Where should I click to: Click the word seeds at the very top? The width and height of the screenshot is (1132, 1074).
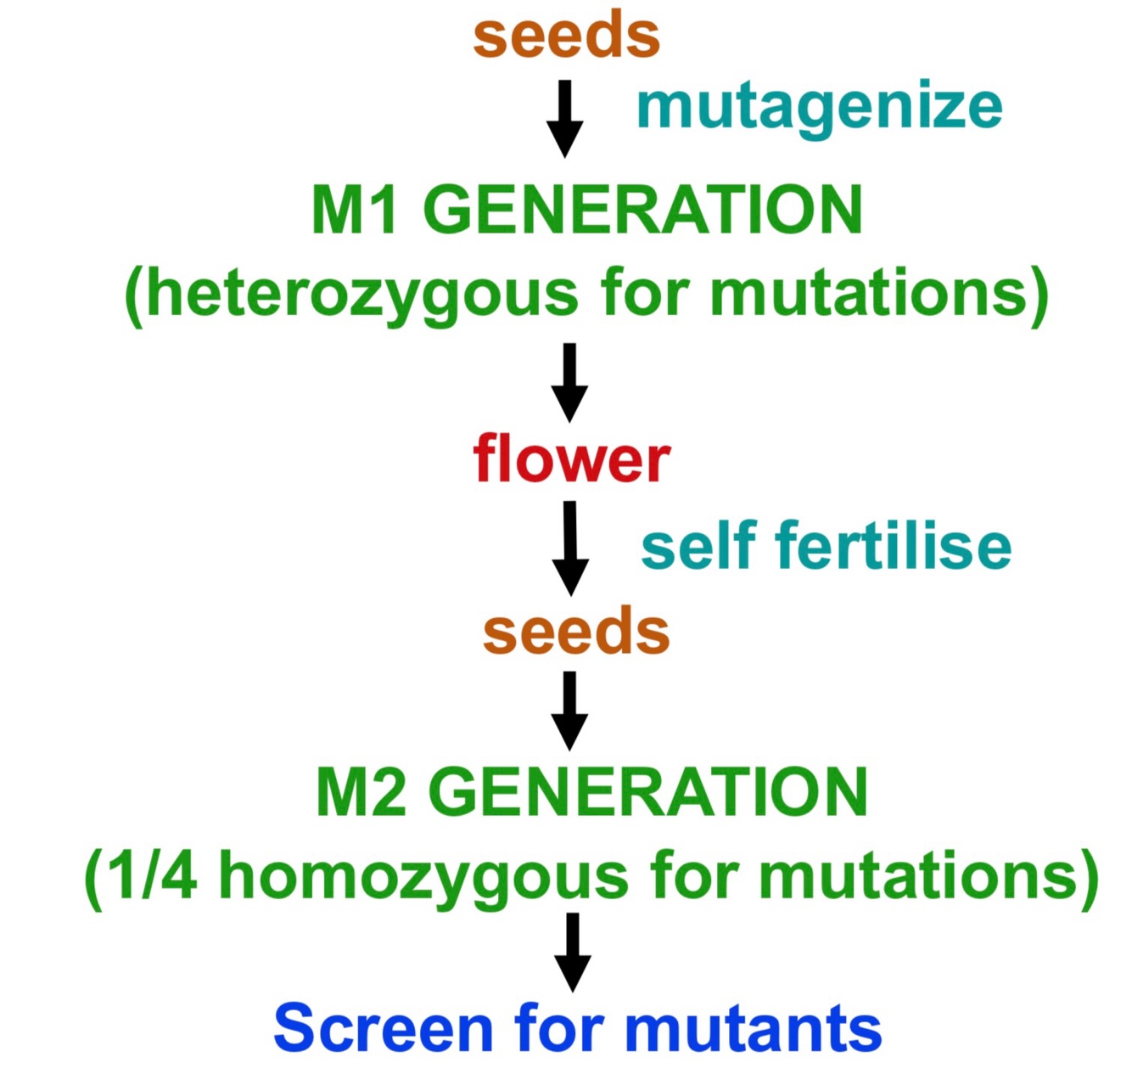[566, 36]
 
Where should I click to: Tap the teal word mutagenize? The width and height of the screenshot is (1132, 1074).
[819, 109]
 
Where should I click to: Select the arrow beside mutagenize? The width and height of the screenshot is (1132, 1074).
[564, 119]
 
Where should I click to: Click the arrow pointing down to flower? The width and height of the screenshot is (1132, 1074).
[569, 382]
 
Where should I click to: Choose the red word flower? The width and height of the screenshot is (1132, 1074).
[571, 459]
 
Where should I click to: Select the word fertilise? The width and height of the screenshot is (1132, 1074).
[893, 545]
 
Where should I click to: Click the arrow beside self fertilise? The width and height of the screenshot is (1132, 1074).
[570, 548]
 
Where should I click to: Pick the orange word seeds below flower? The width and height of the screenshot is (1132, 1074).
[576, 632]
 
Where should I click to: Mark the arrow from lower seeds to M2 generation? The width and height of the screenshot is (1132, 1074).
[569, 711]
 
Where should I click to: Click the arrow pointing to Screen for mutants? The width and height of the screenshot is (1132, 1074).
[573, 952]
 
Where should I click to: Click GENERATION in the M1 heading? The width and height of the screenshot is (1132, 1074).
[642, 210]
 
